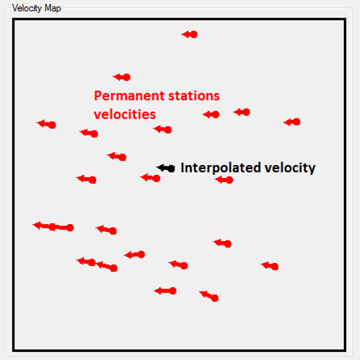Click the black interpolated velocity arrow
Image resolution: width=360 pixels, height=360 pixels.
[x=166, y=168]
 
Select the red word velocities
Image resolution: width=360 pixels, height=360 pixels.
[x=125, y=114]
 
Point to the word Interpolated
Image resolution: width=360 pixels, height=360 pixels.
[x=221, y=167]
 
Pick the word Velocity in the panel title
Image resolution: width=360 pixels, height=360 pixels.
[x=27, y=8]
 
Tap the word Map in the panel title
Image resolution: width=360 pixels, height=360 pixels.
[x=53, y=8]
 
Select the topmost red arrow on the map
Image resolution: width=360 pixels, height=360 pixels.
[x=189, y=35]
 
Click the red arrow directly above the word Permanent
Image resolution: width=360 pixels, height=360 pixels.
[x=121, y=77]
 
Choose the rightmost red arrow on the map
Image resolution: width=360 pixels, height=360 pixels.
[x=292, y=122]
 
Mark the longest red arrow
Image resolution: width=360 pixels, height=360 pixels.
[x=53, y=227]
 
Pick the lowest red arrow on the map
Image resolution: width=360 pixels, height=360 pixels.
[x=209, y=296]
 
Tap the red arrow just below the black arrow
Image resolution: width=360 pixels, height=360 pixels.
[x=150, y=178]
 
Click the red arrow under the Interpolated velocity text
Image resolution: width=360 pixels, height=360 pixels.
[x=224, y=180]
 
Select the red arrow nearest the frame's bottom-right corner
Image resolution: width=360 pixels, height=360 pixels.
[x=269, y=266]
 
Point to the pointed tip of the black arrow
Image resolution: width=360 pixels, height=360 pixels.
[x=157, y=167]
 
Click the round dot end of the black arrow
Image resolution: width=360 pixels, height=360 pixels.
[x=172, y=169]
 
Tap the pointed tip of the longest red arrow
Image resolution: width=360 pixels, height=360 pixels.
[x=33, y=225]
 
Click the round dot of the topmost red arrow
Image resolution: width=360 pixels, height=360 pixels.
[x=194, y=35]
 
